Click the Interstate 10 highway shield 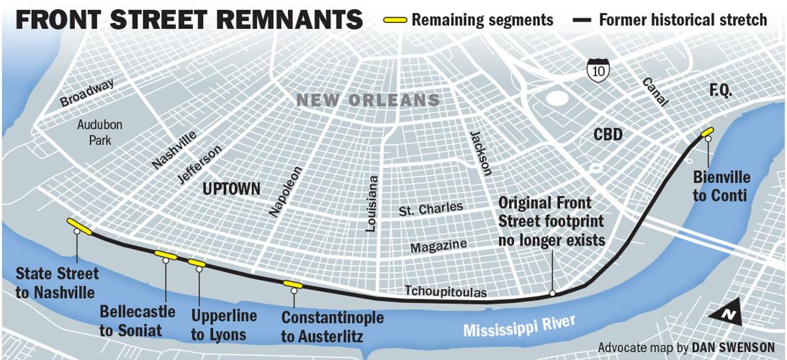click(598, 70)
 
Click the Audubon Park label click(100, 132)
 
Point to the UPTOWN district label click(231, 189)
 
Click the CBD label click(608, 135)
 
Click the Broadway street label click(87, 94)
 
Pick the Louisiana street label click(372, 204)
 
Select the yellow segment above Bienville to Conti click(706, 132)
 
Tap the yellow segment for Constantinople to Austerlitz click(292, 285)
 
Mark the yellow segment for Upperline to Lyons click(197, 263)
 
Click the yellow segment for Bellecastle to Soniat click(166, 254)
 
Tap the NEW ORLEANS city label click(368, 100)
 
